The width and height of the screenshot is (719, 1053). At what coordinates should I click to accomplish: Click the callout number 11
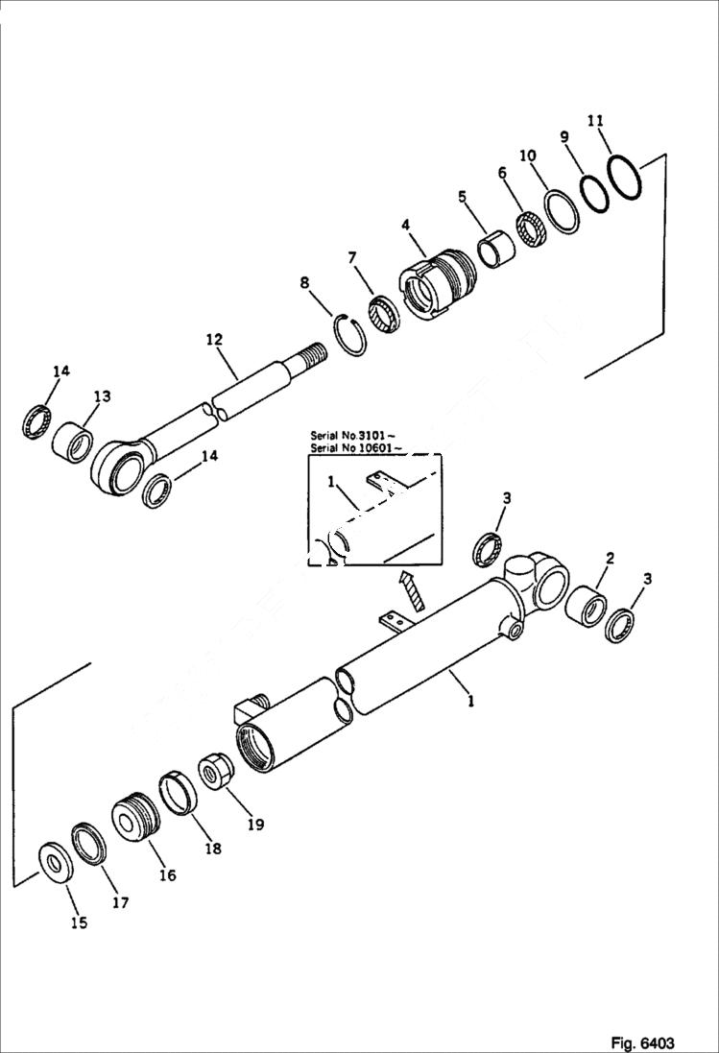(595, 121)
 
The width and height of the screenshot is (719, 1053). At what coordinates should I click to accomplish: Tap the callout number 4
(406, 225)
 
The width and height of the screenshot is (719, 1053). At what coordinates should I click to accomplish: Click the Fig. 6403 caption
(641, 1042)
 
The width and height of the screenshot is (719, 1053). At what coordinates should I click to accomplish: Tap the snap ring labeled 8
(351, 336)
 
